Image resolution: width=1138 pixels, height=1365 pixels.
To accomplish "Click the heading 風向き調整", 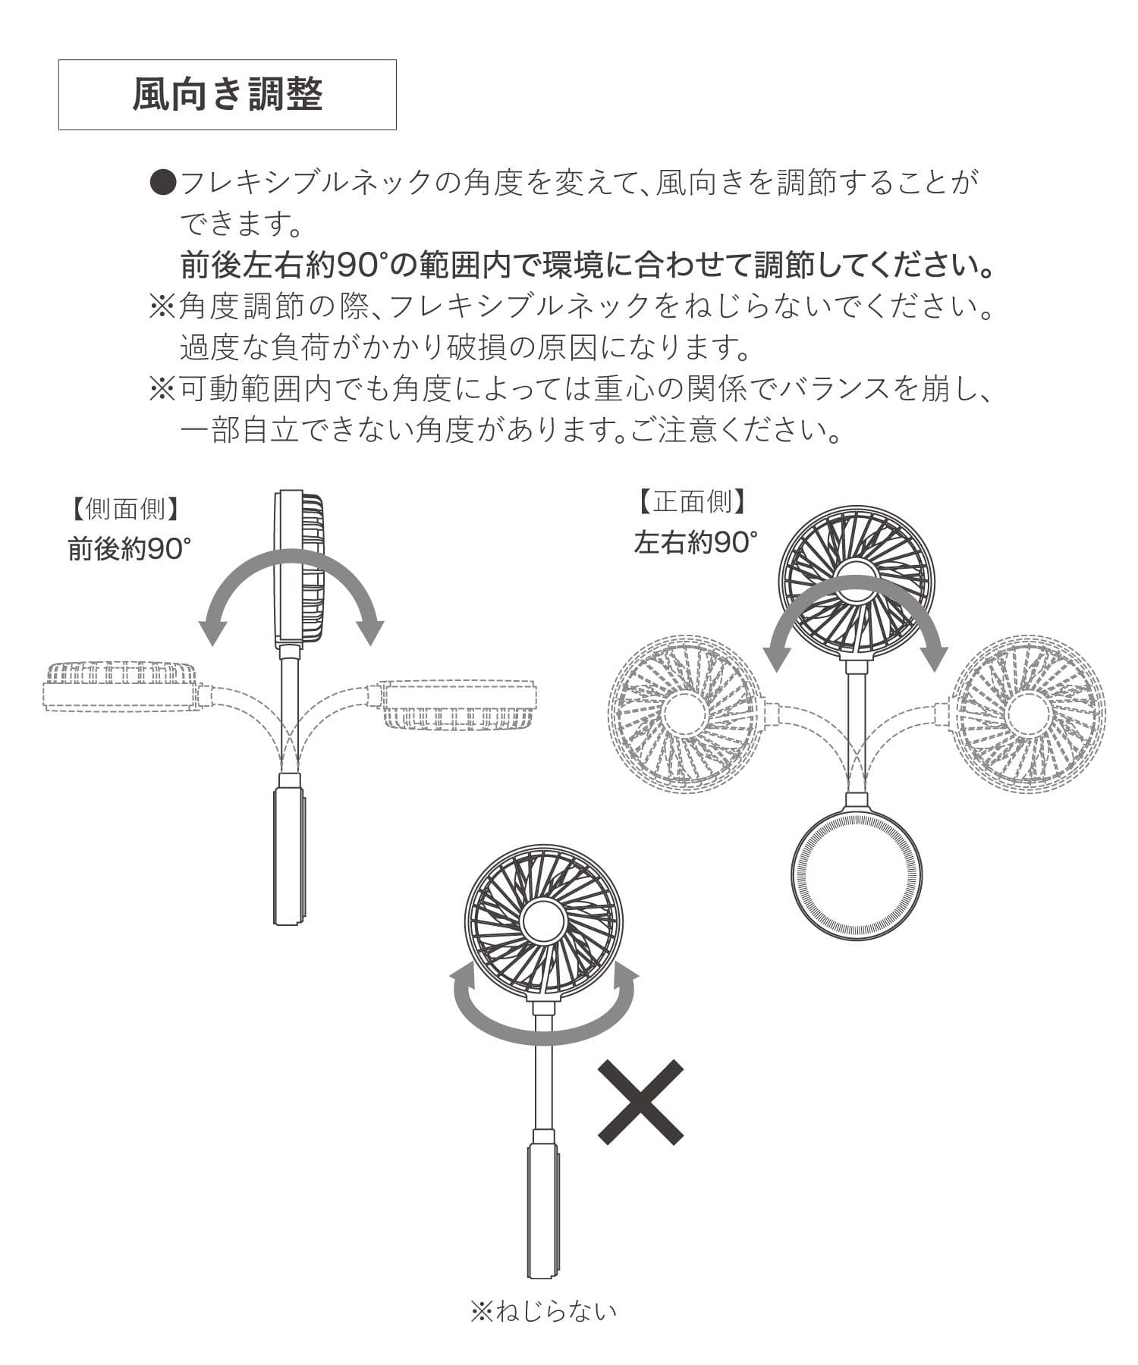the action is (228, 95).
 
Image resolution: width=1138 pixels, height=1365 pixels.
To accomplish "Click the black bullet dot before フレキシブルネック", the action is (164, 182).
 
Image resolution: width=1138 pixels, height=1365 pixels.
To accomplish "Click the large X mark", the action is (640, 1102).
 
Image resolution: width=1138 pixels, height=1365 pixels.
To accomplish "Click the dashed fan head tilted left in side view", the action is (120, 686).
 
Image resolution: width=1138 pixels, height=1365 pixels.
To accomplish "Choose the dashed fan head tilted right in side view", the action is (458, 705).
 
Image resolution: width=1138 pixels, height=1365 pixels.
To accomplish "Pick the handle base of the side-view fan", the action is (289, 856).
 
